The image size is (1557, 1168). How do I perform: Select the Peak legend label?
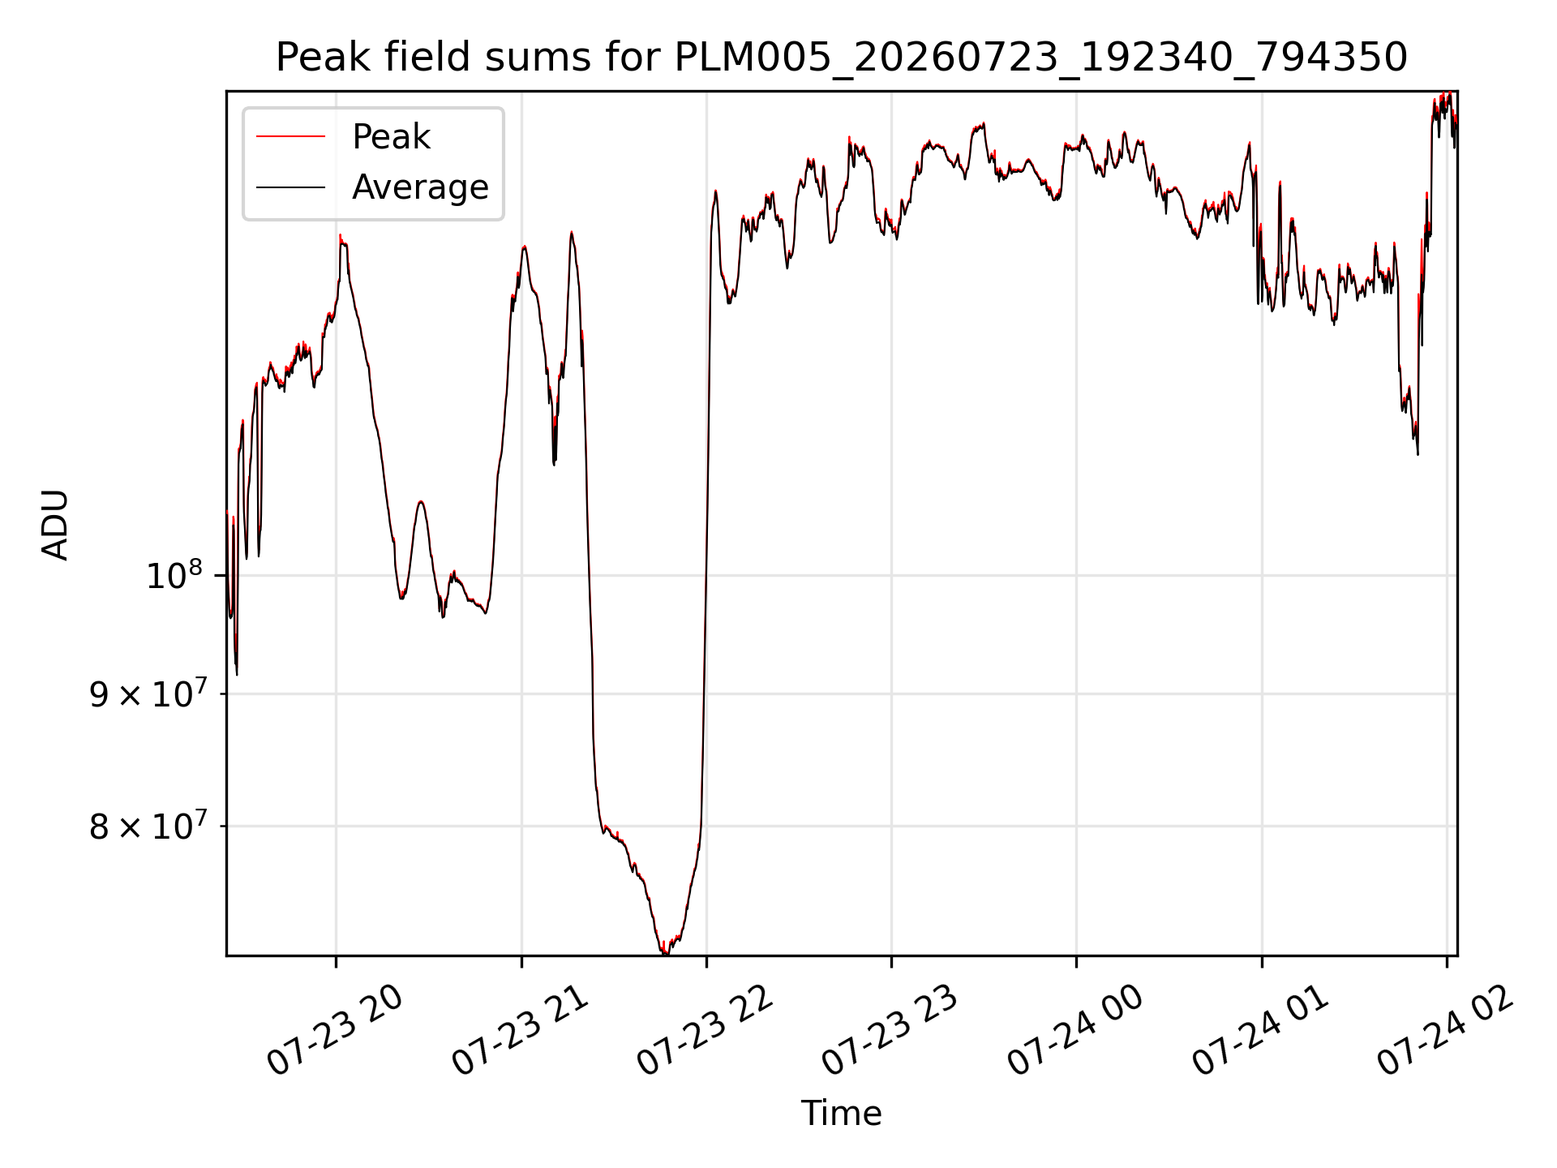[x=391, y=137]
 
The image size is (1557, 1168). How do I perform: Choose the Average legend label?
[x=420, y=187]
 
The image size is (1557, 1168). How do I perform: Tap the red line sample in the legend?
[x=290, y=137]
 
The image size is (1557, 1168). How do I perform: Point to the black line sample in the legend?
[x=290, y=187]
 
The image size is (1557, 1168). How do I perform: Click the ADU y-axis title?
[x=55, y=524]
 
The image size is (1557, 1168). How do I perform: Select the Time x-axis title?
[x=841, y=1114]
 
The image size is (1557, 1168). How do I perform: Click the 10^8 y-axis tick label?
[x=174, y=576]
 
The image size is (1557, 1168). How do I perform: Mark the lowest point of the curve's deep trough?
[x=664, y=953]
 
